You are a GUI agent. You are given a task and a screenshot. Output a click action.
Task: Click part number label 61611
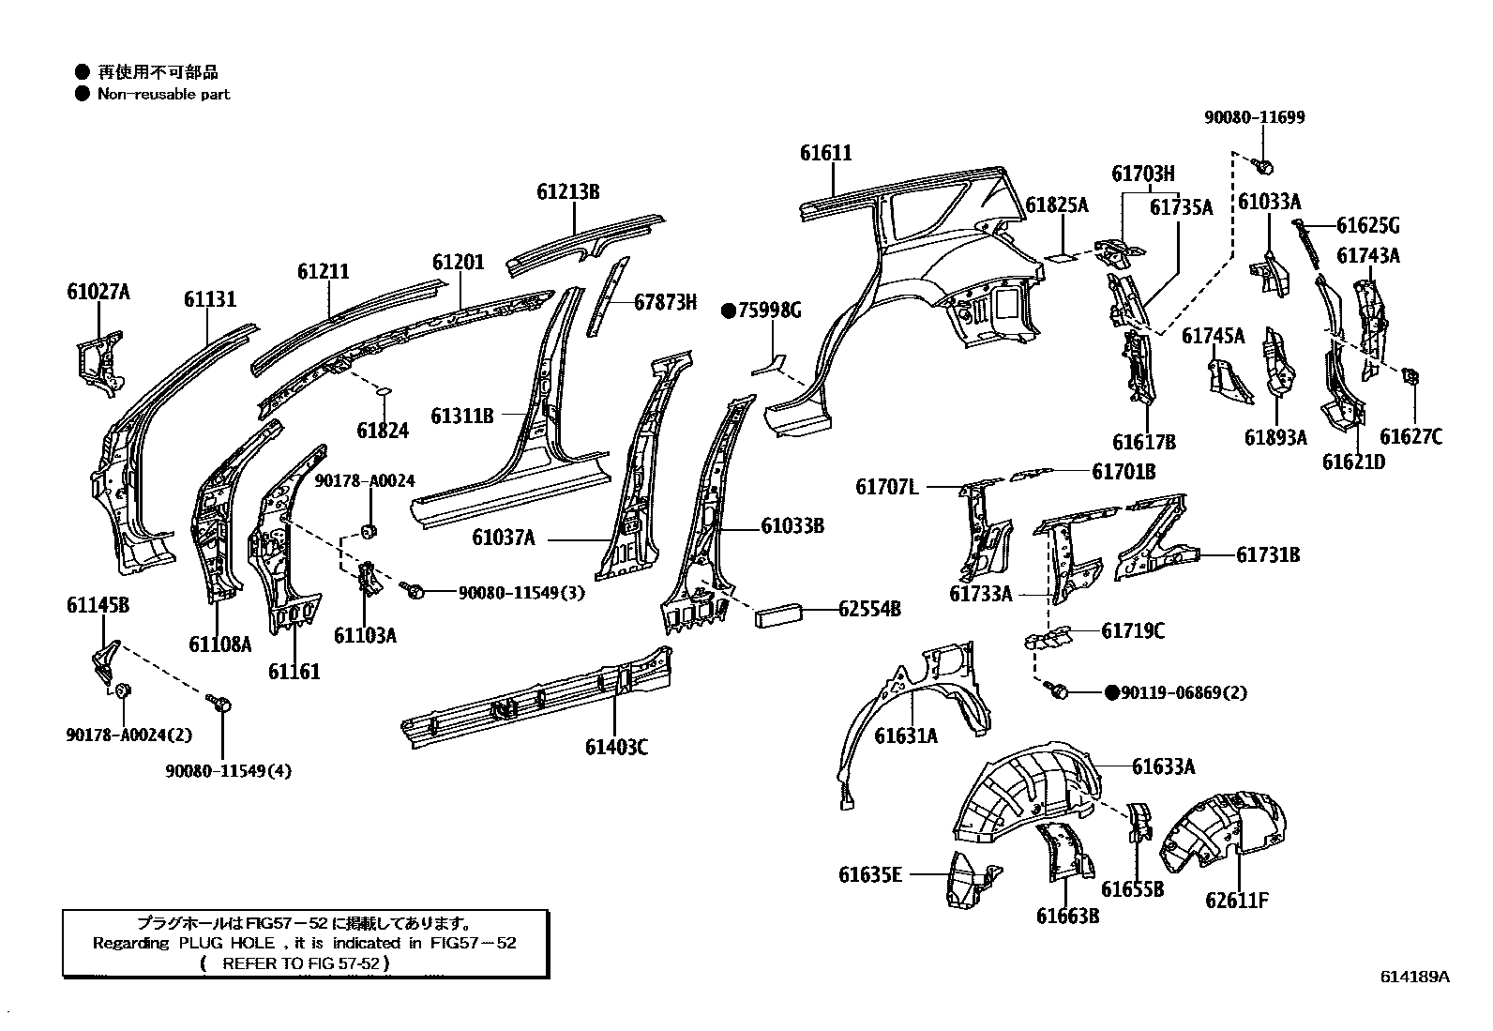click(826, 153)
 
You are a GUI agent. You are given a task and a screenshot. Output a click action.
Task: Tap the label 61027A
click(98, 292)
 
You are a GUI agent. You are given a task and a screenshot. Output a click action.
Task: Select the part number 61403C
click(616, 747)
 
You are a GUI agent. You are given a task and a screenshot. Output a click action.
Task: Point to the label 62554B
click(869, 609)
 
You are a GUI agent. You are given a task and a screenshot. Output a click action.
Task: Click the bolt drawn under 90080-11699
click(1262, 167)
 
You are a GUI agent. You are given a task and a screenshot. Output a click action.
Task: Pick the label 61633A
click(1163, 766)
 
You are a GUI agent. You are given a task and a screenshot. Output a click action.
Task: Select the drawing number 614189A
click(1414, 976)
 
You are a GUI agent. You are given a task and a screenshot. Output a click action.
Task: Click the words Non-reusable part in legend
click(163, 94)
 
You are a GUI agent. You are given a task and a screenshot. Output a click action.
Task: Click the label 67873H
click(665, 301)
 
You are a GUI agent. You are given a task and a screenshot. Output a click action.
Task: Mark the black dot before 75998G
click(727, 311)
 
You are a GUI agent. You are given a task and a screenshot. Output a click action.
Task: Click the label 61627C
click(1410, 436)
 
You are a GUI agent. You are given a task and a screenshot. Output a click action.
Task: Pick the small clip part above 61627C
click(1409, 377)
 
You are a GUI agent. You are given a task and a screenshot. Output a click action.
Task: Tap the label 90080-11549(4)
click(229, 771)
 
